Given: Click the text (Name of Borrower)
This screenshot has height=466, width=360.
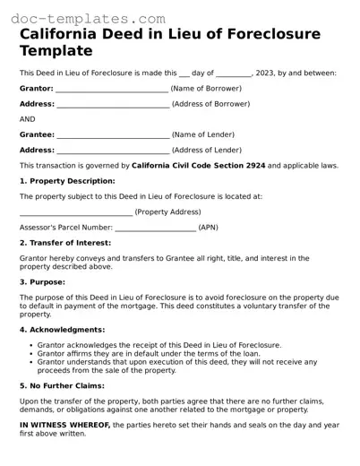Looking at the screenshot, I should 206,89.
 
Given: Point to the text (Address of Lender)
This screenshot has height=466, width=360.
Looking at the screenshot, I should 206,150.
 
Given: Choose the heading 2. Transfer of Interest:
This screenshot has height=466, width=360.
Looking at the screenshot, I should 65,242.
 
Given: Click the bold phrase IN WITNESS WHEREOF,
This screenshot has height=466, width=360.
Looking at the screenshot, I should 64,424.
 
